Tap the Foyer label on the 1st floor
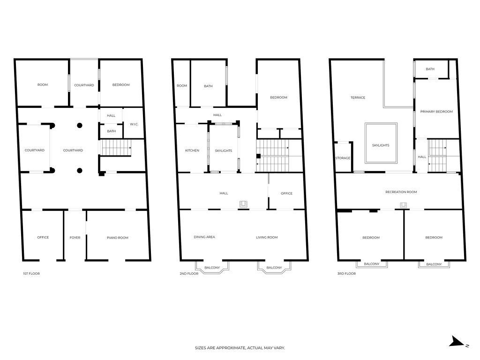pos(75,238)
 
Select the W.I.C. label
pos(134,124)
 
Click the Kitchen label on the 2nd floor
pos(192,150)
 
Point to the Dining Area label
pos(204,237)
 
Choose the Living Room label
pos(267,237)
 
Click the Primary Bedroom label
pos(436,112)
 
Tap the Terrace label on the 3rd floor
pos(358,97)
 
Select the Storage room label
pos(343,158)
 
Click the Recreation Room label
pos(401,192)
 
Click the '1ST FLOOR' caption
pos(31,273)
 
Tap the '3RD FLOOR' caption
pos(346,273)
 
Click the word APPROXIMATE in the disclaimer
pos(226,348)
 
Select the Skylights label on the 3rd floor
pos(381,145)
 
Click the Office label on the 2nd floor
pos(286,193)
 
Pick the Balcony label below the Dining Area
pos(212,268)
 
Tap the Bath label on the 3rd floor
pos(430,69)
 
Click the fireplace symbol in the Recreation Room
pos(403,205)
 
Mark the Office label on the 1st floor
pos(43,237)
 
